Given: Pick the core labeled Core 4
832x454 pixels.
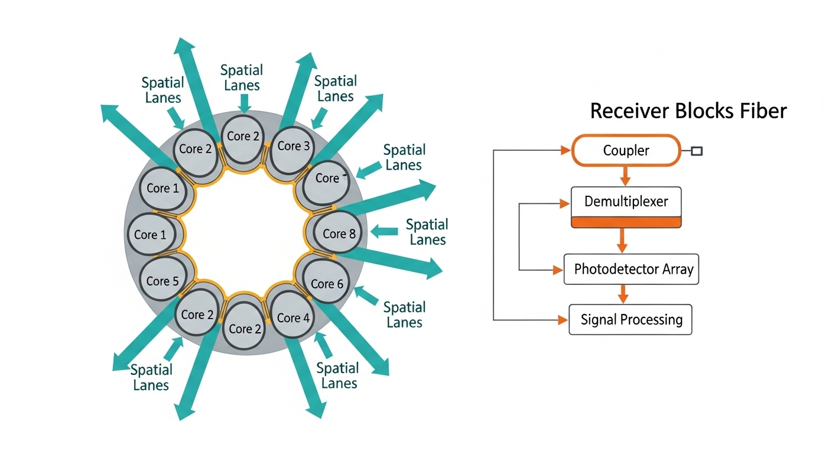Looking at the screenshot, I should click(x=292, y=318).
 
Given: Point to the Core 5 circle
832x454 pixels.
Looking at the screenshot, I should click(x=162, y=281).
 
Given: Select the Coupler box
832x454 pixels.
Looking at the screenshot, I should click(x=626, y=150).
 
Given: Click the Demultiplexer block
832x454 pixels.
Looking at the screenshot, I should click(x=626, y=202).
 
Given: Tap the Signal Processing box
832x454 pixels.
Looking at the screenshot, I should click(x=630, y=320).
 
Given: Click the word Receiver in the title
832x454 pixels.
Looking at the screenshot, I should click(x=629, y=111).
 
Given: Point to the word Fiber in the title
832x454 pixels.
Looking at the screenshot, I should click(x=762, y=111).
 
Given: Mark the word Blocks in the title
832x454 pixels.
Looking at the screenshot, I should click(x=702, y=111).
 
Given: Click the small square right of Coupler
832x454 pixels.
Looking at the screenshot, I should click(x=697, y=151).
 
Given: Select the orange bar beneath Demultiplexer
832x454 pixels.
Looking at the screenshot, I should click(x=626, y=222).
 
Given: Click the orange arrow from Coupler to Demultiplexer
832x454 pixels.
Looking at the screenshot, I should click(x=626, y=176).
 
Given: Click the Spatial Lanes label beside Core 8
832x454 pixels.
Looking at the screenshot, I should click(x=427, y=232).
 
